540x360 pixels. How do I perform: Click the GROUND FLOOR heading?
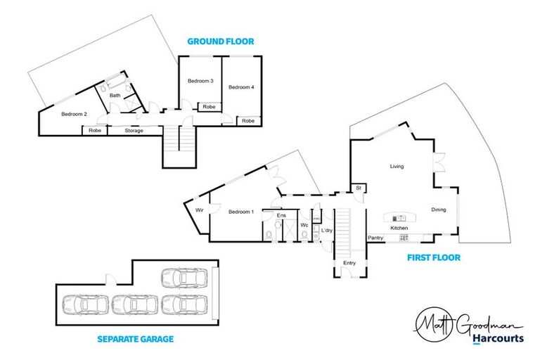(x=220, y=41)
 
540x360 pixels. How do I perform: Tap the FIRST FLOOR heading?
(x=434, y=258)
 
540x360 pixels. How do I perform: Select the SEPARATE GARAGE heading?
(x=136, y=339)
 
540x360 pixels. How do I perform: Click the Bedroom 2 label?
(x=74, y=114)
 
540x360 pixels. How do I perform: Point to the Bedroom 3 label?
(x=200, y=82)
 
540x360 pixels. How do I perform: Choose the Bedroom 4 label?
(x=240, y=87)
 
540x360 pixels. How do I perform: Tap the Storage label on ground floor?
(x=134, y=131)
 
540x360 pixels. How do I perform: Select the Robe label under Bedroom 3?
(x=209, y=107)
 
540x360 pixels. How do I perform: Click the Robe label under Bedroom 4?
(x=248, y=121)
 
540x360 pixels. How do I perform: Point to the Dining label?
(x=439, y=210)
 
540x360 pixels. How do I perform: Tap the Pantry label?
(x=375, y=238)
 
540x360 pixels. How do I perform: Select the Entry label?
(x=349, y=263)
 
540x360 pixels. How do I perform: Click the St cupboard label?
(x=358, y=188)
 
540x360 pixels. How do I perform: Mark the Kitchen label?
(x=399, y=229)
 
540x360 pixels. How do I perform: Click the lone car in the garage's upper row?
(x=184, y=278)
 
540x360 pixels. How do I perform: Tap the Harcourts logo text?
(x=497, y=338)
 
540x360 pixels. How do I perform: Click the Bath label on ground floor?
(x=115, y=95)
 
